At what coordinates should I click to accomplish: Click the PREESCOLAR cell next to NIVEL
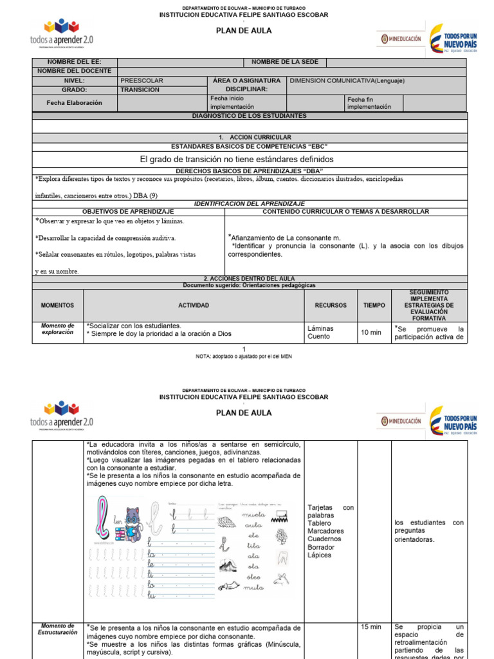[x=142, y=81]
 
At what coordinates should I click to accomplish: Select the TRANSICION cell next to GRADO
[x=140, y=90]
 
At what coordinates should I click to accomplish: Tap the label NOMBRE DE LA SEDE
[x=284, y=62]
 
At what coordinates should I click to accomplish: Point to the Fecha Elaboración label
[x=75, y=103]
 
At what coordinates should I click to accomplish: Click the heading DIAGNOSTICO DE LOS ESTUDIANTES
[x=250, y=116]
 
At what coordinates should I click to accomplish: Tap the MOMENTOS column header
[x=58, y=306]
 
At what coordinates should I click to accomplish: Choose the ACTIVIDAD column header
[x=194, y=306]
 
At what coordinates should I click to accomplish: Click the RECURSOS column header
[x=331, y=306]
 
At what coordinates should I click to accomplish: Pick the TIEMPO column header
[x=374, y=306]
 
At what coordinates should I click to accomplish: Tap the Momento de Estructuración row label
[x=58, y=629]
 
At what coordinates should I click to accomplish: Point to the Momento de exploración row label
[x=58, y=329]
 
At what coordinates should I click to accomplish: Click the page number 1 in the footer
[x=243, y=348]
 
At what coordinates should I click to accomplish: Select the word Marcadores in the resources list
[x=325, y=531]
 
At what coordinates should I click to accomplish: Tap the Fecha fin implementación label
[x=369, y=103]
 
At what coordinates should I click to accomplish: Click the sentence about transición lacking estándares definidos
[x=237, y=159]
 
